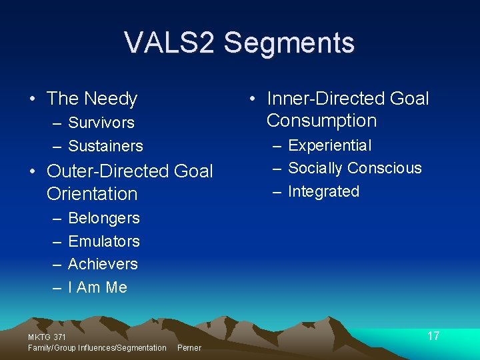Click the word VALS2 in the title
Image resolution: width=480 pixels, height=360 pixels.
170,43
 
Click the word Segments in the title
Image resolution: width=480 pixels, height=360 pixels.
289,43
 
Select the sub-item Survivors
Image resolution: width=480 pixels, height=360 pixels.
101,123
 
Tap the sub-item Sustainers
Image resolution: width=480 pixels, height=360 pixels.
105,145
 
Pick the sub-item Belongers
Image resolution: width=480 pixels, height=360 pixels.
104,218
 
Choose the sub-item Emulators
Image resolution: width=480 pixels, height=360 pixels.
104,241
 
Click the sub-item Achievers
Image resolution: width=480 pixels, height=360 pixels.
103,264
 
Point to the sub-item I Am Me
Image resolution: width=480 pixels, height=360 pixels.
97,287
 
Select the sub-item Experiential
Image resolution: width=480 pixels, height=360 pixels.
330,145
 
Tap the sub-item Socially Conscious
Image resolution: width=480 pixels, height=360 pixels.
355,168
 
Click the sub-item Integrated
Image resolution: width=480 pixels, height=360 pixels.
323,191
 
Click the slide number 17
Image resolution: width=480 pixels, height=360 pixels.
433,336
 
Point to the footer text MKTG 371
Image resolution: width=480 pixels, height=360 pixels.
47,338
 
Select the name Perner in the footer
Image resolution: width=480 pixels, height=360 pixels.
189,348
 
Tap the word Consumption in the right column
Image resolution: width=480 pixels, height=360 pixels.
321,121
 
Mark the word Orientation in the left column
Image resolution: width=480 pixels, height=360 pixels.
92,194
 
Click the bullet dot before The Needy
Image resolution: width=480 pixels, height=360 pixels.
33,99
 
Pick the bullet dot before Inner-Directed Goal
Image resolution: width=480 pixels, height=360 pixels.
253,99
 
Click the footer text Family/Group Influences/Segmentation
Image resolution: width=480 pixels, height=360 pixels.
97,348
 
